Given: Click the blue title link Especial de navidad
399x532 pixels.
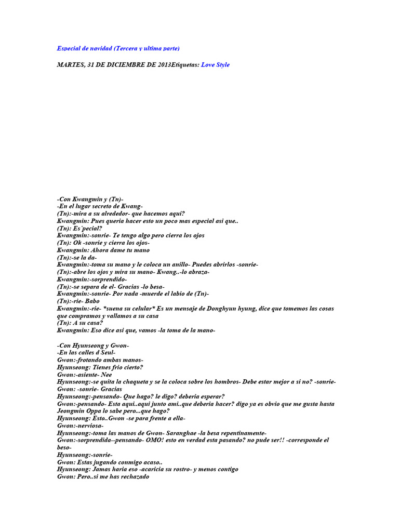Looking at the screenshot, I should click(118, 48).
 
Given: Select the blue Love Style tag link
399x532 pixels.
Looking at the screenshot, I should click(215, 65).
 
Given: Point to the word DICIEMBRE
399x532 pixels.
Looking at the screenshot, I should click(129, 65).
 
